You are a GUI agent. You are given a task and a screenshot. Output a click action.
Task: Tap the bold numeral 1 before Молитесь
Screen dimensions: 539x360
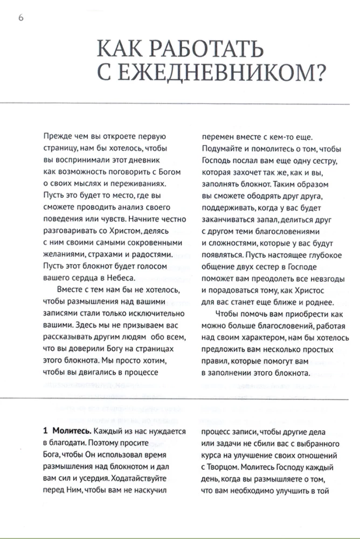click(x=46, y=431)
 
